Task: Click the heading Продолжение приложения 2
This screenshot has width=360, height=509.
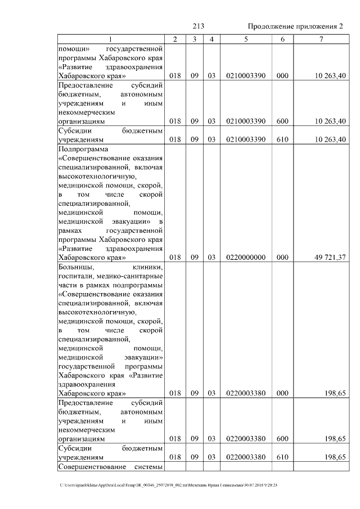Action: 295,26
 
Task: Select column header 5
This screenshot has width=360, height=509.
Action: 246,39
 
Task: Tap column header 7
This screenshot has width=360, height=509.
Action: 321,39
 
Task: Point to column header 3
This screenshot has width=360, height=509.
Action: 193,39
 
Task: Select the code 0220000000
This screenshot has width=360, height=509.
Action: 246,257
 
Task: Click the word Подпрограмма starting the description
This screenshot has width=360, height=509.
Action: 82,150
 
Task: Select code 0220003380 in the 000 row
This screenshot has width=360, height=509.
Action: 246,393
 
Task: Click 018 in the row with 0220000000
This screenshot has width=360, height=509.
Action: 175,257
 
